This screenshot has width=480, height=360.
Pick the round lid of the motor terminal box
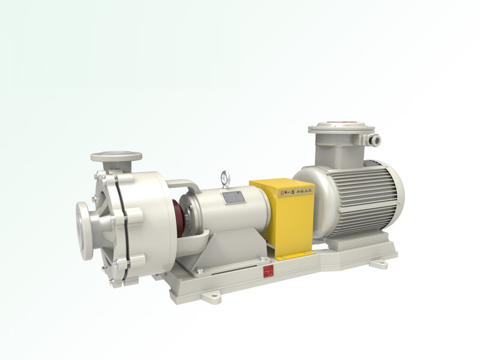coord(341,128)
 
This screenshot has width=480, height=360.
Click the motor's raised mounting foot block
coord(343,244)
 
